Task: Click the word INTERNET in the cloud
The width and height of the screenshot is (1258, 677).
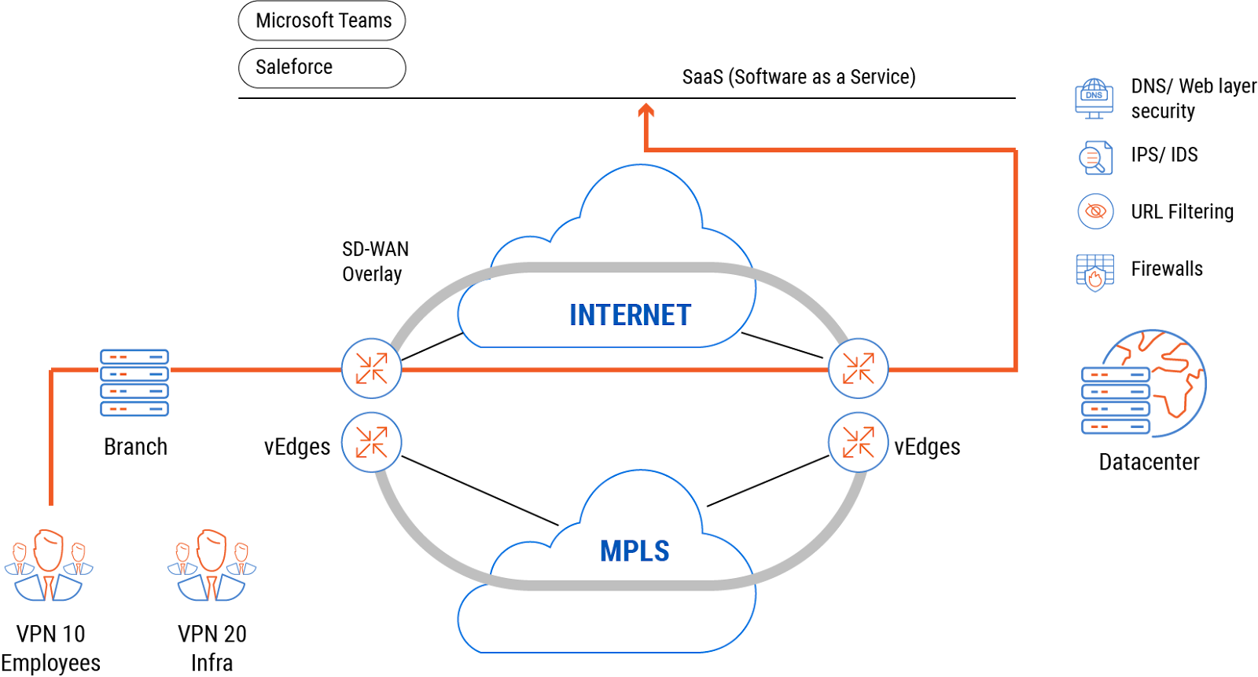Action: pyautogui.click(x=630, y=315)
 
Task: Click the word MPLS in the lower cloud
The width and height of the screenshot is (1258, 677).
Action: pyautogui.click(x=635, y=551)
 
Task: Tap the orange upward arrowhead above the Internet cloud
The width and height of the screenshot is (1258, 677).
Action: pyautogui.click(x=646, y=111)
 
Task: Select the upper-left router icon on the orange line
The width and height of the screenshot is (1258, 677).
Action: pyautogui.click(x=371, y=368)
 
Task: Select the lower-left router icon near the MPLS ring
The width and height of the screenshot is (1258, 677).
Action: pyautogui.click(x=371, y=442)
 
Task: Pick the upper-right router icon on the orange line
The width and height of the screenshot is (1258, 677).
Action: pyautogui.click(x=858, y=368)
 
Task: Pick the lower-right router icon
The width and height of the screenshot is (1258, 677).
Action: pyautogui.click(x=858, y=442)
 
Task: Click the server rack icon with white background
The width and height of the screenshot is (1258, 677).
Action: pyautogui.click(x=134, y=383)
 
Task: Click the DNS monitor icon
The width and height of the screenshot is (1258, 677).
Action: pyautogui.click(x=1094, y=98)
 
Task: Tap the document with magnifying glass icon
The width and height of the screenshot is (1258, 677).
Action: pyautogui.click(x=1095, y=158)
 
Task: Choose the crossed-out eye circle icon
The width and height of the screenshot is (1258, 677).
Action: pyautogui.click(x=1095, y=211)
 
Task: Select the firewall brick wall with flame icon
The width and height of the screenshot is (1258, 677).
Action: pyautogui.click(x=1094, y=273)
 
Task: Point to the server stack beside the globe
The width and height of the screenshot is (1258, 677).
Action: pyautogui.click(x=1116, y=401)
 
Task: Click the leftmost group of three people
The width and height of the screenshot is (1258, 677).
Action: pyautogui.click(x=49, y=565)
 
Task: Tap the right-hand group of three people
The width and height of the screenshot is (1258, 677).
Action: pyautogui.click(x=212, y=565)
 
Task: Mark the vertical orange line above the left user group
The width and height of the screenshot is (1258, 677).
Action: pyautogui.click(x=51, y=440)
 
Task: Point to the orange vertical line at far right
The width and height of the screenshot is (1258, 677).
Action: pyautogui.click(x=1016, y=259)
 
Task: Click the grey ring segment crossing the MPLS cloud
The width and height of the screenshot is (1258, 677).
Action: pyautogui.click(x=621, y=585)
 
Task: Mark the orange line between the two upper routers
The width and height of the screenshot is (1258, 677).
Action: pyautogui.click(x=613, y=369)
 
